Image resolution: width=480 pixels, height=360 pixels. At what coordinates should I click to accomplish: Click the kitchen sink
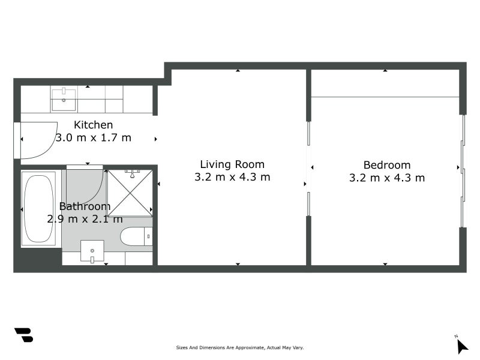64,100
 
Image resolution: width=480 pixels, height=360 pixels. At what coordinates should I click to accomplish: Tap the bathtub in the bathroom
38,208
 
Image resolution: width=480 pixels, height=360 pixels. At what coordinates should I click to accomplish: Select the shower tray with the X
130,192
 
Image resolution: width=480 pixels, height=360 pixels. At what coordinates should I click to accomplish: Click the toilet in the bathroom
136,236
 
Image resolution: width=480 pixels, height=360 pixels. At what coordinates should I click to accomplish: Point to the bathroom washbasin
92,251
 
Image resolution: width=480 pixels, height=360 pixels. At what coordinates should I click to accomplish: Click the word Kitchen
93,125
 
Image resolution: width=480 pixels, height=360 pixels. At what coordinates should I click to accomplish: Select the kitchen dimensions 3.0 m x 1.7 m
93,137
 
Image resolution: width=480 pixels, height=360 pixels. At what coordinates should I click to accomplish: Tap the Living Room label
232,164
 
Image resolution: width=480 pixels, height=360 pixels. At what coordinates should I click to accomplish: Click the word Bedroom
387,165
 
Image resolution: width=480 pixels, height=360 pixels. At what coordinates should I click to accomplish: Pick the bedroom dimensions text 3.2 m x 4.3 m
387,178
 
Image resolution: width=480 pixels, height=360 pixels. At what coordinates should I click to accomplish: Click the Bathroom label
85,206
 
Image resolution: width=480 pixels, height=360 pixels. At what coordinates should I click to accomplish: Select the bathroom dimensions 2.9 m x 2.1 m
85,219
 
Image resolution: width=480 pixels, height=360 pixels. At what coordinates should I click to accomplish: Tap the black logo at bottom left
23,335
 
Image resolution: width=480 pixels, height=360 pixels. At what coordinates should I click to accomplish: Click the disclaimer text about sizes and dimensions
240,347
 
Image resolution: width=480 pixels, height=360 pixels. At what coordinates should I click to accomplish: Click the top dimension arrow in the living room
238,71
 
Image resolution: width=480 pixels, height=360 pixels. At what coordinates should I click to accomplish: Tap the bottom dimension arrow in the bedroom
385,263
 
